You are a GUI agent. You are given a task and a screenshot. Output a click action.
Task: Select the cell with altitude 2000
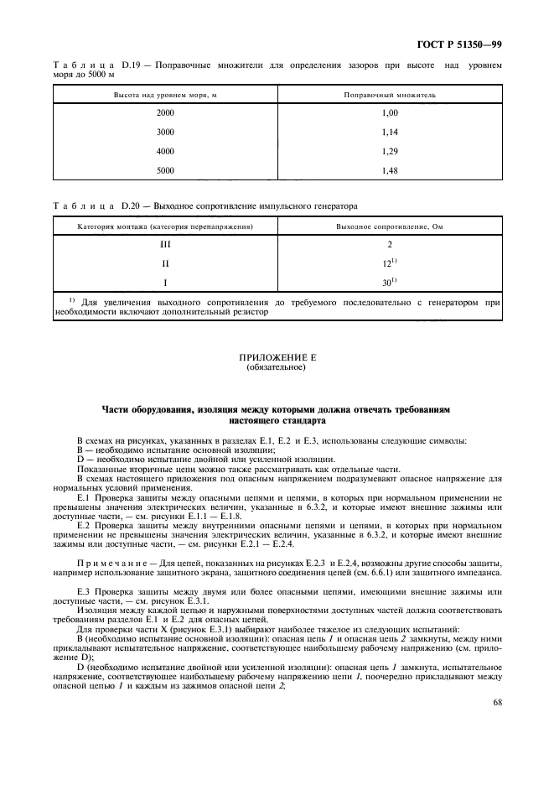[x=166, y=111]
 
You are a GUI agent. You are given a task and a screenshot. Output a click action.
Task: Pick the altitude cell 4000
[x=166, y=151]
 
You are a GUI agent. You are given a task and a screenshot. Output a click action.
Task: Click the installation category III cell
[x=166, y=245]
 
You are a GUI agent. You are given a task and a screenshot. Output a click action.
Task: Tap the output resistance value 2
[x=390, y=245]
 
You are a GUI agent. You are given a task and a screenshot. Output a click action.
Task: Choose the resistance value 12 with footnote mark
[x=390, y=264]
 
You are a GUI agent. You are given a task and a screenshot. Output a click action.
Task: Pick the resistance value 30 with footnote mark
[x=390, y=283]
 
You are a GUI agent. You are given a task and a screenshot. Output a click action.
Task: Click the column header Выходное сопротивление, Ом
[x=390, y=226]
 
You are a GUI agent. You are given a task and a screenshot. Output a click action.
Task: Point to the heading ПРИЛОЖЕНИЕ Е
[x=277, y=358]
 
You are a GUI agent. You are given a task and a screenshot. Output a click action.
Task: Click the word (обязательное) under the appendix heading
[x=277, y=367]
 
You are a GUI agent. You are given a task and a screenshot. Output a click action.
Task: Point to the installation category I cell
[x=166, y=283]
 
